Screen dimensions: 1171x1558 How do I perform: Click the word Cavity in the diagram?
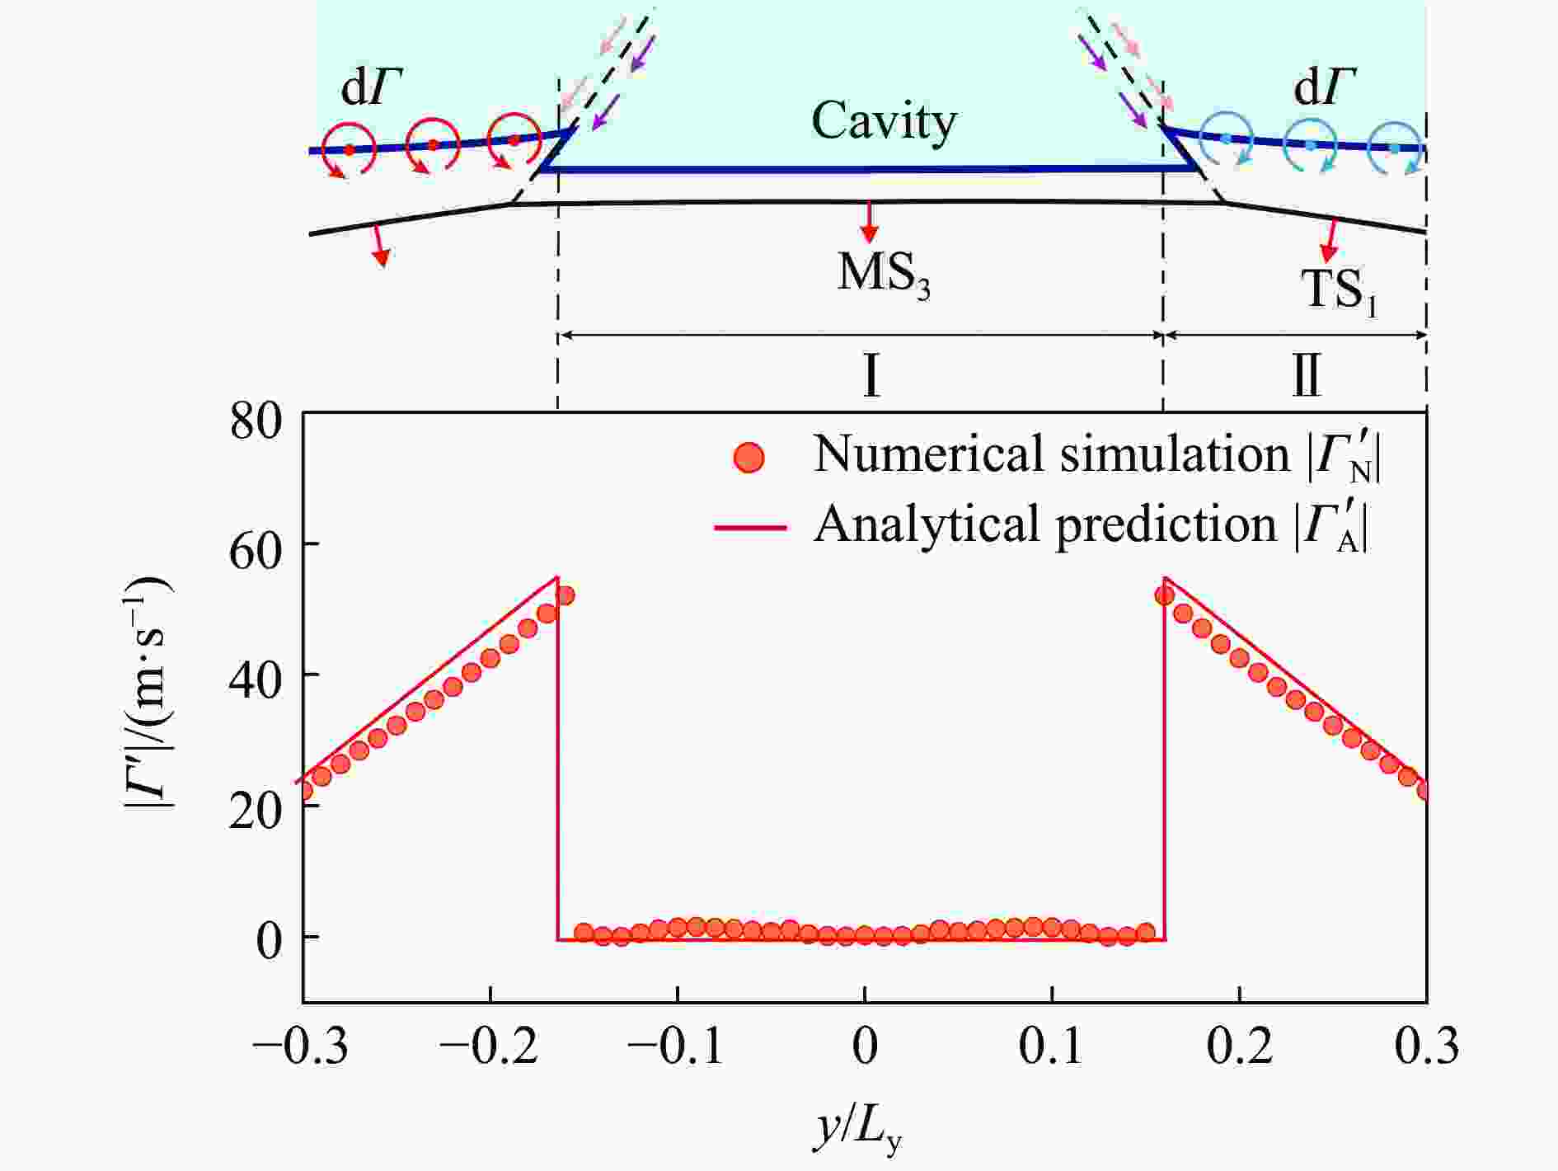click(884, 122)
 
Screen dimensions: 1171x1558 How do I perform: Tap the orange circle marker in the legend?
click(748, 457)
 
